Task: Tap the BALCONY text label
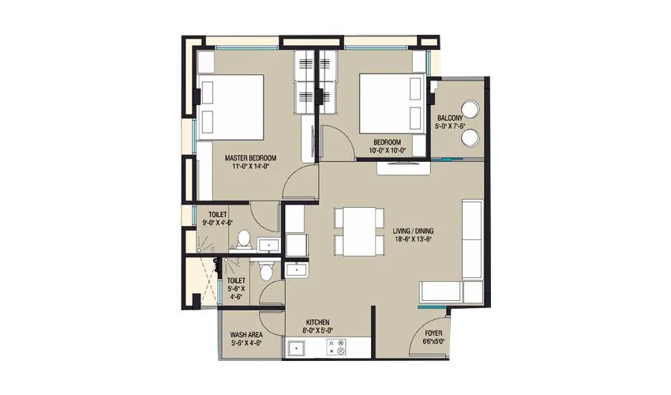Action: point(454,118)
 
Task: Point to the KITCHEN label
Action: point(319,322)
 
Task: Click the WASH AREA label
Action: point(246,333)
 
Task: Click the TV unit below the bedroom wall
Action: point(403,167)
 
